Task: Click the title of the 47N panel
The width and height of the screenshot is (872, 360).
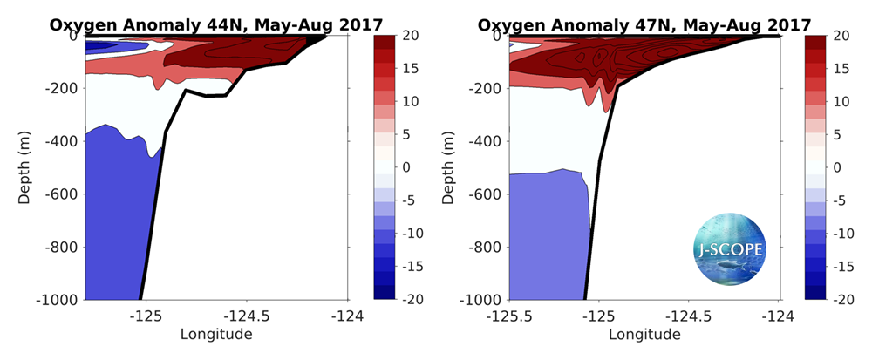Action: point(645,24)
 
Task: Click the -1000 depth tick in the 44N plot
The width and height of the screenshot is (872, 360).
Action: point(58,300)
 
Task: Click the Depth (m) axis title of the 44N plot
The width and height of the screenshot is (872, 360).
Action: point(25,166)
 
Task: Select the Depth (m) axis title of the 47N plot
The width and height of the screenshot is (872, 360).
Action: point(449,166)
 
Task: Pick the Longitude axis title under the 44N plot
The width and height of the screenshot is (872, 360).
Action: point(216,334)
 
